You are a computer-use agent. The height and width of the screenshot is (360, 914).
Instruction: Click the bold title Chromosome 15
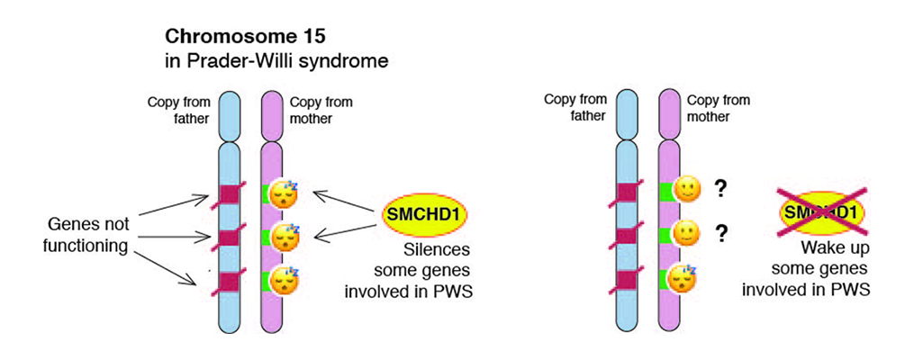[x=245, y=37]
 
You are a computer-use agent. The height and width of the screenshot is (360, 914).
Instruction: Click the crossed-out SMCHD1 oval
[x=823, y=212]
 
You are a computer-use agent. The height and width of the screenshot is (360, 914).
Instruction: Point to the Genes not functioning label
[x=89, y=235]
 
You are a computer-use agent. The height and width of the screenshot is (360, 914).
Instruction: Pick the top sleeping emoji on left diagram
[x=284, y=194]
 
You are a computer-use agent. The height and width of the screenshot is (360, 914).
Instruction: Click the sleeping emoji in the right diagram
[x=683, y=278]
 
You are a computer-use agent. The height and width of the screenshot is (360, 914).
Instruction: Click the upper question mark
[x=721, y=189]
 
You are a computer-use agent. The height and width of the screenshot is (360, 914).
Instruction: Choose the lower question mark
[x=721, y=233]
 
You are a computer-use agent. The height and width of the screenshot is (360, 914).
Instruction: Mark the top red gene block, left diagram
[x=230, y=193]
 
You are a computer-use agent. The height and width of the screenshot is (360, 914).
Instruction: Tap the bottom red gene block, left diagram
[x=230, y=282]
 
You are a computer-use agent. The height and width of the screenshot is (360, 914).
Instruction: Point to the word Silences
[x=437, y=252]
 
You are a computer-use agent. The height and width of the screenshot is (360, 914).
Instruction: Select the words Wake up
[x=835, y=248]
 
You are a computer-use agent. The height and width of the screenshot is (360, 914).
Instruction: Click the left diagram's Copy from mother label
[x=321, y=110]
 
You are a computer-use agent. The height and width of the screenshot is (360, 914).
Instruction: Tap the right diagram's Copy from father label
[x=575, y=107]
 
